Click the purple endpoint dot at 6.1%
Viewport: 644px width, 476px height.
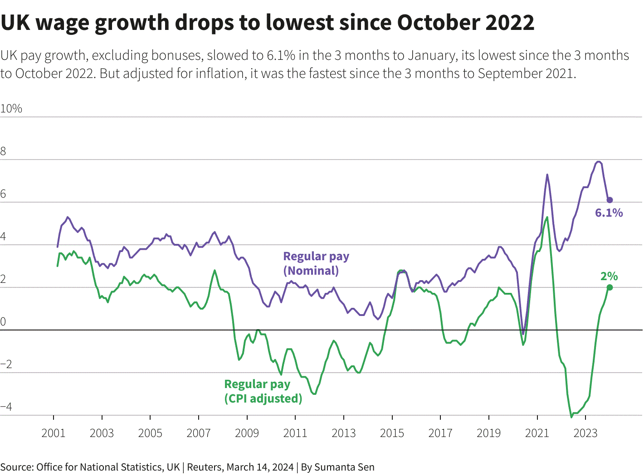click(610, 200)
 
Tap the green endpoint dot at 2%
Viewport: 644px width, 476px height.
click(610, 287)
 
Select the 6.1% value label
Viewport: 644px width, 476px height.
click(609, 213)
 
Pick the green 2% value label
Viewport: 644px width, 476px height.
click(609, 276)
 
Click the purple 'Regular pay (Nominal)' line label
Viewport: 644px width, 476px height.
click(316, 263)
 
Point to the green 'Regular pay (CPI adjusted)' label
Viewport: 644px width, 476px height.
click(263, 391)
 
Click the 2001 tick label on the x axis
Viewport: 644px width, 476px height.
click(54, 433)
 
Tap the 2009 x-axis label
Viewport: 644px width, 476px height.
click(247, 433)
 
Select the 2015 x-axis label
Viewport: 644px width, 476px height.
click(392, 433)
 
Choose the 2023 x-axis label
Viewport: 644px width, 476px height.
click(585, 433)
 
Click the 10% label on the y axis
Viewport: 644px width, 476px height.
click(11, 109)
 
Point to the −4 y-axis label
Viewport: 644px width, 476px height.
click(6, 407)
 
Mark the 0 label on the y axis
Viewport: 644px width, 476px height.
click(3, 322)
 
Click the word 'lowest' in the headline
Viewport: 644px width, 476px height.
click(299, 23)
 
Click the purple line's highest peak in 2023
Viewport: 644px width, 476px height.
click(599, 161)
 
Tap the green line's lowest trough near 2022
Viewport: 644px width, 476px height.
click(571, 417)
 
